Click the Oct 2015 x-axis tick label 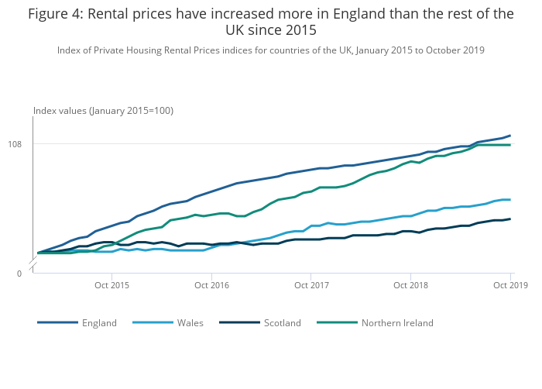111,286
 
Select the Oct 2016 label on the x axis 211,286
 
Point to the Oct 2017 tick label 310,286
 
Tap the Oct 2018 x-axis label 410,286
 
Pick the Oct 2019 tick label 510,286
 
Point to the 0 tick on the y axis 20,274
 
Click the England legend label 99,323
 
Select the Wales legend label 190,323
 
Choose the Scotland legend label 282,323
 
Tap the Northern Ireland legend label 397,323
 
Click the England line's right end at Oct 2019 510,136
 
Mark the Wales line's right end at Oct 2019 510,199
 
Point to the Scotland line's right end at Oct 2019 510,219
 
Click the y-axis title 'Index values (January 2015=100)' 103,111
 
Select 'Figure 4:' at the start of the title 56,14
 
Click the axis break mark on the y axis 33,266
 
